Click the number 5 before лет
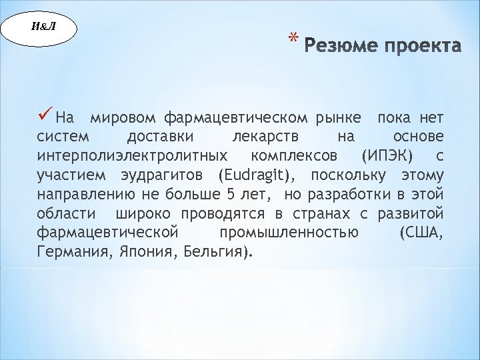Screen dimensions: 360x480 [231, 195]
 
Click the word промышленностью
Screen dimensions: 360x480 [289, 233]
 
